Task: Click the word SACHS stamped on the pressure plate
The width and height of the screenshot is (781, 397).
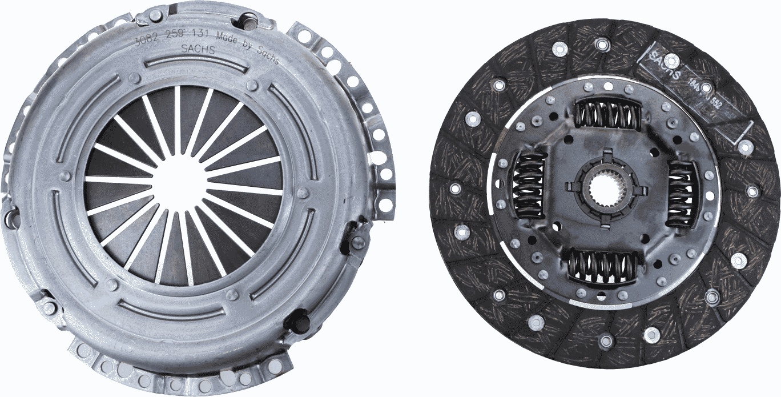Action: (x=198, y=49)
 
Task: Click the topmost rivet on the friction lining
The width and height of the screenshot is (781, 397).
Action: (x=602, y=43)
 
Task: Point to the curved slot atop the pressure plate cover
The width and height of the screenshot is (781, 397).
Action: (x=197, y=65)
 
